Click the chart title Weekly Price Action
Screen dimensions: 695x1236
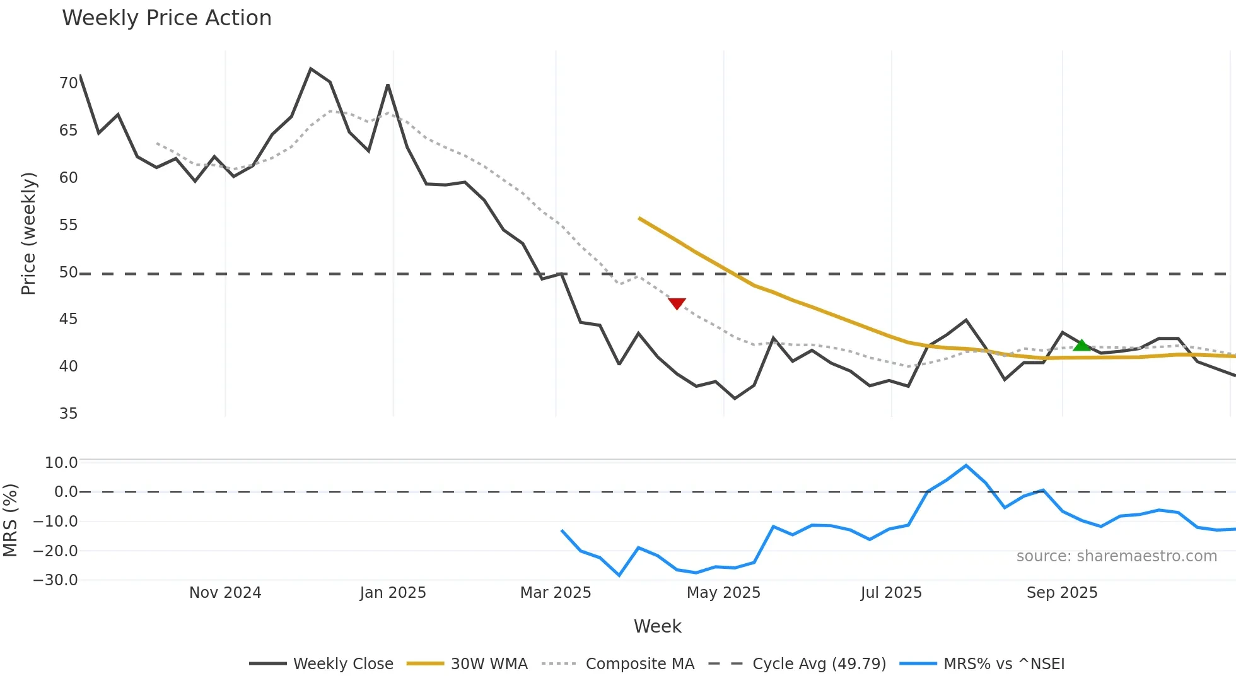[166, 18]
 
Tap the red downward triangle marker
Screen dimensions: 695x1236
[677, 304]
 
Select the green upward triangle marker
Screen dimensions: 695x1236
[1081, 345]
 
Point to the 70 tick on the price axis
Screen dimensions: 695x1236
[68, 83]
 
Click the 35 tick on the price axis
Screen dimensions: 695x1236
[68, 414]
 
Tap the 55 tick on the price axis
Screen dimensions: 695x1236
[68, 225]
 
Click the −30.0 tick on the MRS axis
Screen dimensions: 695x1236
[55, 580]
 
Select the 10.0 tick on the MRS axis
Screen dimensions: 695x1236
[61, 463]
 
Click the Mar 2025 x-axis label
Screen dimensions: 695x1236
[555, 593]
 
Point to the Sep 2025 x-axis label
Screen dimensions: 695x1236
[1062, 593]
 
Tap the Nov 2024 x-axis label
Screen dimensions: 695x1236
[225, 593]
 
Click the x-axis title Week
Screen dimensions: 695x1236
[657, 626]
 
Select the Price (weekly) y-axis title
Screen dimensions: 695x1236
[28, 233]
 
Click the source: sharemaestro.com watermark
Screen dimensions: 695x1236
[1116, 556]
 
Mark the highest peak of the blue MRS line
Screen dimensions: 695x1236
[965, 465]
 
